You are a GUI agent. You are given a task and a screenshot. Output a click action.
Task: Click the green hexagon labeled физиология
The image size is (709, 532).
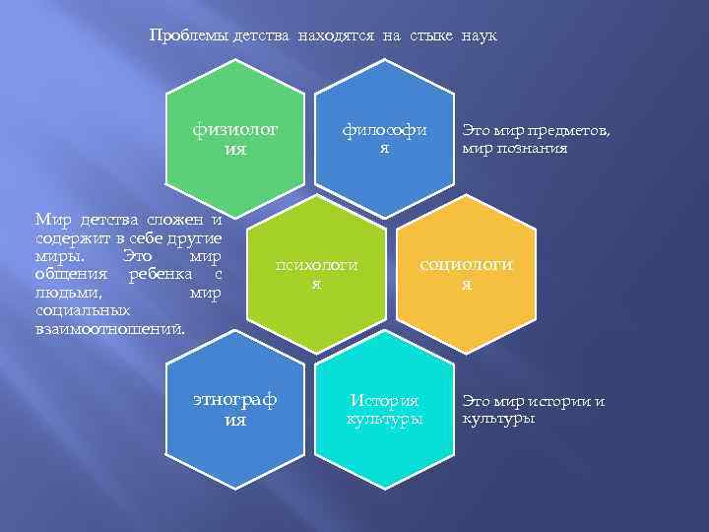[x=236, y=138]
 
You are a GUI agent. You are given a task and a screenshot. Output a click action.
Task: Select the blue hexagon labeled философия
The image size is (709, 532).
[x=385, y=138]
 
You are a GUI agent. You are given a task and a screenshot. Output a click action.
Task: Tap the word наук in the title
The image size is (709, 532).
[x=479, y=35]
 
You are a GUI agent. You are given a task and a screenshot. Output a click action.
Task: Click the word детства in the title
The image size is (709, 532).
[x=262, y=35]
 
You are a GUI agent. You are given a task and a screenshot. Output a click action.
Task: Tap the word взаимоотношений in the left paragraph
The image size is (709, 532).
[x=109, y=325]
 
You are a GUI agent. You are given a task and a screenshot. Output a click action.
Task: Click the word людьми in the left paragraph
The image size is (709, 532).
[x=63, y=292]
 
